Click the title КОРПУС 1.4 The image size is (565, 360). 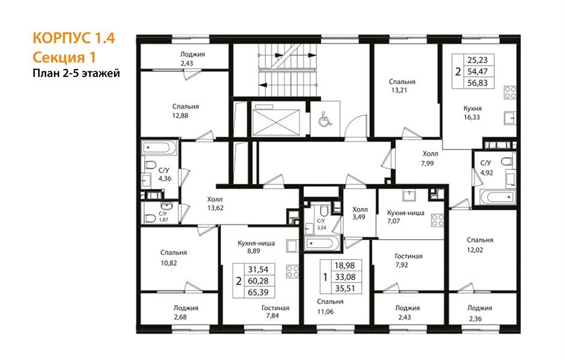point(74,38)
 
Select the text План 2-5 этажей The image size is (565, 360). point(76,73)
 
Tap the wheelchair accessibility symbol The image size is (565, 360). point(325,119)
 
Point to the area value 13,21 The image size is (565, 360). point(399,91)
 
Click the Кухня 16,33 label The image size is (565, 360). point(472,113)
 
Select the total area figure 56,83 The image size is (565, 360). point(477,83)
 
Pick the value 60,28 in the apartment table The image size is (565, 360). point(258,281)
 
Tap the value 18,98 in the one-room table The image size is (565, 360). point(345,266)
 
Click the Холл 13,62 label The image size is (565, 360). point(215,203)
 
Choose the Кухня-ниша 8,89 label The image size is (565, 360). point(256,247)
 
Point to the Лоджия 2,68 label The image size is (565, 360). point(186,313)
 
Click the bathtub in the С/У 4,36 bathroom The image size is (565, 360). point(159,148)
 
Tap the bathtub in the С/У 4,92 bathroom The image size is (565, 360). point(498,197)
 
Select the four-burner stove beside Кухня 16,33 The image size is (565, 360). point(510,92)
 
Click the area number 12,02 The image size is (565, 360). point(475,250)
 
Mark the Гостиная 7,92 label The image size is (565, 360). point(408,260)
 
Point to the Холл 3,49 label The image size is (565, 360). point(360,213)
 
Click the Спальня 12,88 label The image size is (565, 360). point(185,111)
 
